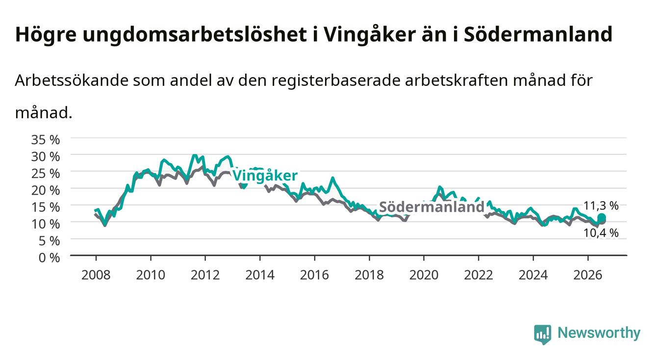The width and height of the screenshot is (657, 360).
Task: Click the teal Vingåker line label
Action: click(265, 176)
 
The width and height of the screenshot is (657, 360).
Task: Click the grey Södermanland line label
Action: click(431, 207)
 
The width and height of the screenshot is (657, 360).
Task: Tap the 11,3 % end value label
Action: click(601, 206)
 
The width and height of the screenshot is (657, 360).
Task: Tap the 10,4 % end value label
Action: click(601, 233)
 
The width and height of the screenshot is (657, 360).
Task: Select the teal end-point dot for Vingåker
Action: click(602, 218)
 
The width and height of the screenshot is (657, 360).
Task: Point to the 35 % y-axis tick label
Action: click(46, 140)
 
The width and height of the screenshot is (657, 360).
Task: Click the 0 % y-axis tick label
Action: click(49, 258)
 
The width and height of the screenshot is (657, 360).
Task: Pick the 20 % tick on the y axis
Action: click(46, 190)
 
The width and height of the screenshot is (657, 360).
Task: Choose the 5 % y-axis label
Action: click(49, 241)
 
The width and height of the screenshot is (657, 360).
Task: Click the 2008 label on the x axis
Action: click(96, 275)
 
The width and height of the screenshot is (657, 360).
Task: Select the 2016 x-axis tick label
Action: click(314, 275)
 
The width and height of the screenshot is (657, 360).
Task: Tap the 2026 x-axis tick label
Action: click(588, 275)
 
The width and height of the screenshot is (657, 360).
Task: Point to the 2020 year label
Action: click(424, 275)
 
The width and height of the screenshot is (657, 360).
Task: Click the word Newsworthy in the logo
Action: click(599, 333)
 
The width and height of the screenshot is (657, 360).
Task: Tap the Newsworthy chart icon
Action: click(543, 334)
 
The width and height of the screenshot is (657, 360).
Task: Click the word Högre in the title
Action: click(46, 35)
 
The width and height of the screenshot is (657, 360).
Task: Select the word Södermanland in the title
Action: click(538, 34)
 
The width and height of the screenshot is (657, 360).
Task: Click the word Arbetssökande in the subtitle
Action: click(72, 80)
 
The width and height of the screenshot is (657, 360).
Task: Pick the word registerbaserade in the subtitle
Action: click(336, 81)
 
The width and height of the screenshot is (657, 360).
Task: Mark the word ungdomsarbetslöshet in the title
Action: click(195, 35)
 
